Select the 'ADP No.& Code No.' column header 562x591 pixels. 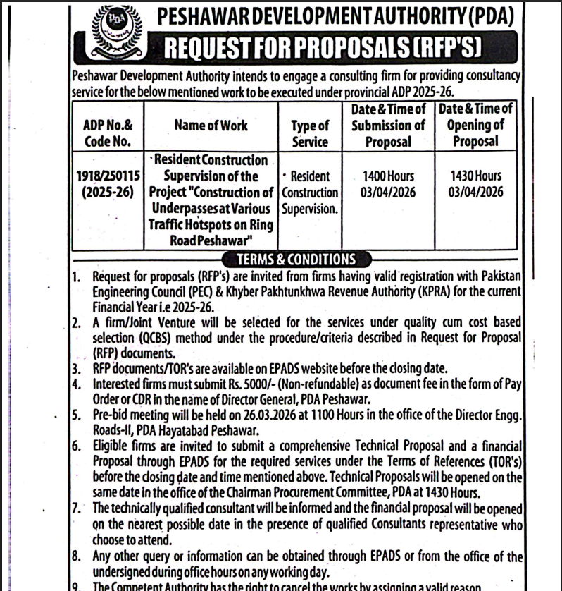[108, 133]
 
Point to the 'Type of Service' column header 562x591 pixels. [310, 133]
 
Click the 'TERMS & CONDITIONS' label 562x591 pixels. [296, 260]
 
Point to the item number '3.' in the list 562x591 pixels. [77, 369]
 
